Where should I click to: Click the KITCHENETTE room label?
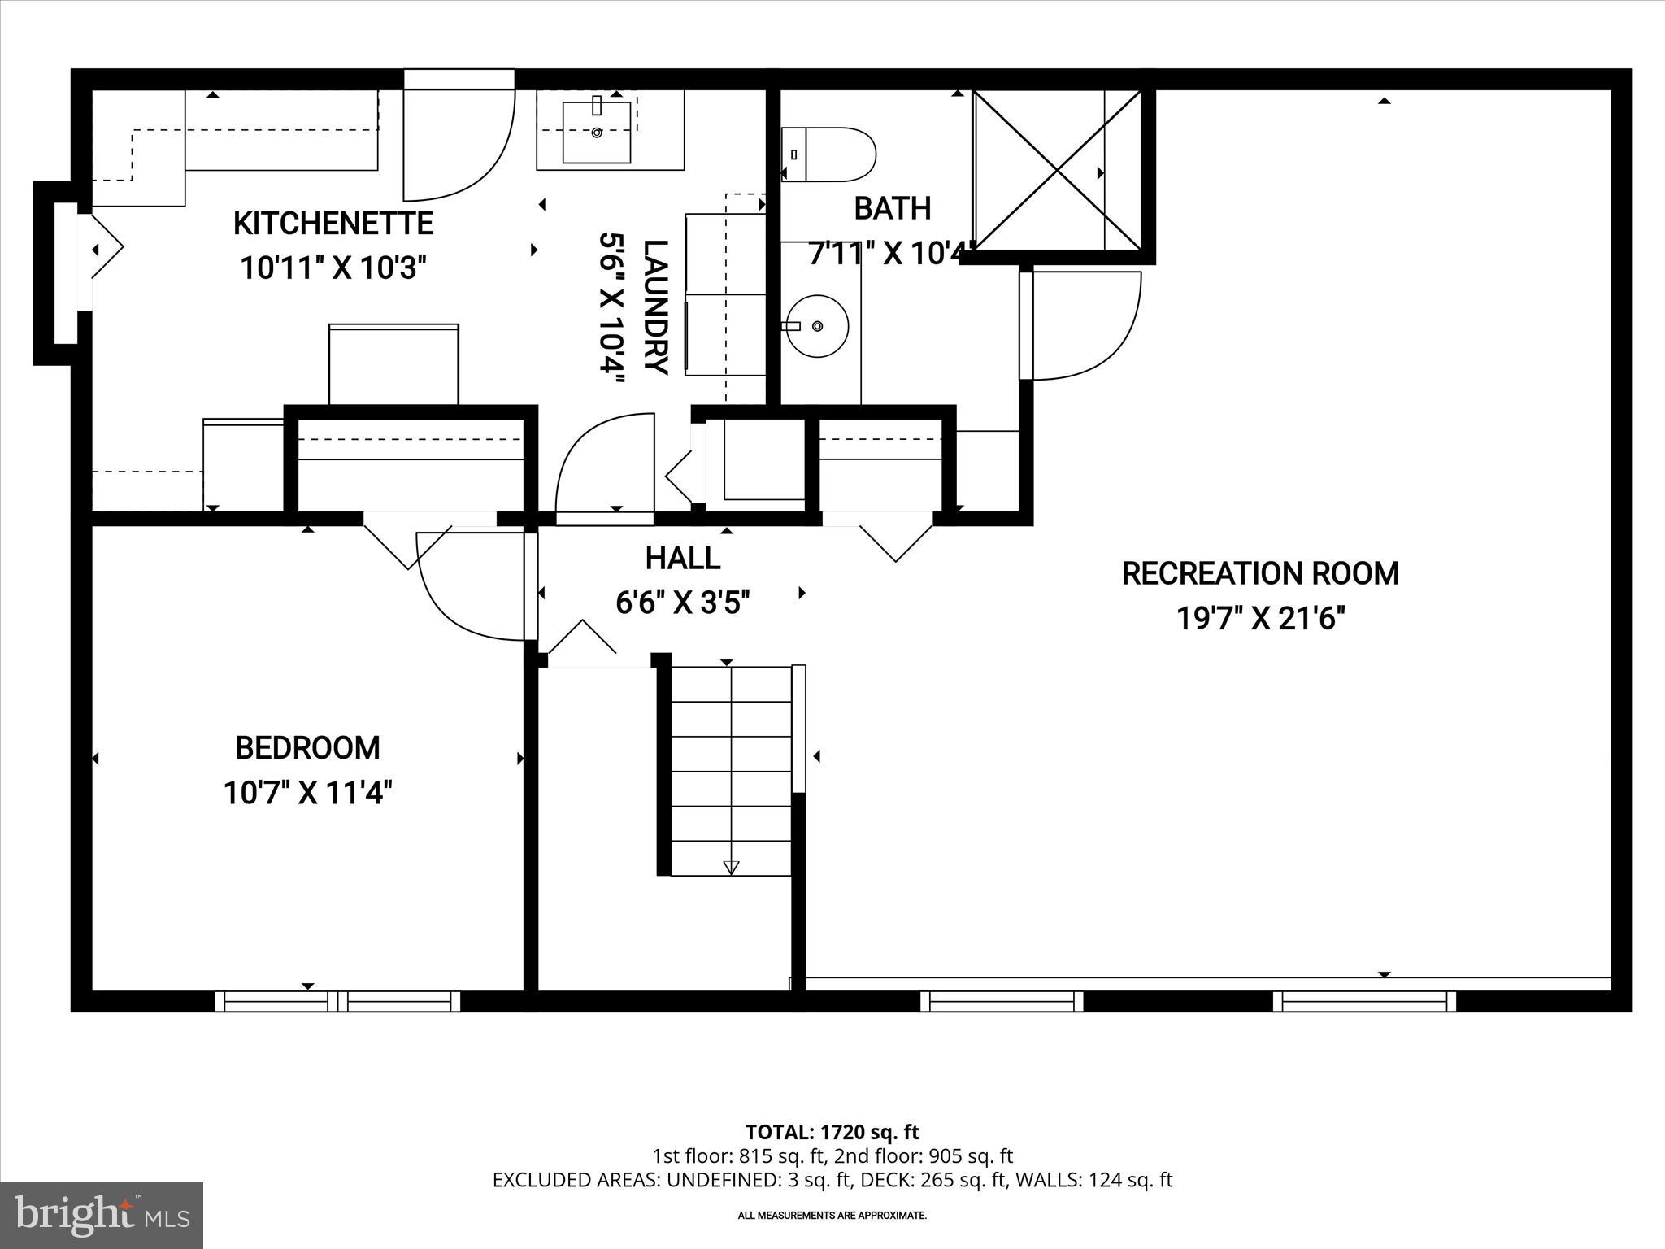click(x=333, y=224)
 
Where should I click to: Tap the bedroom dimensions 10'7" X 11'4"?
click(x=307, y=792)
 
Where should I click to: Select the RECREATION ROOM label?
click(x=1259, y=574)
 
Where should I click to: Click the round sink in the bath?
click(x=817, y=326)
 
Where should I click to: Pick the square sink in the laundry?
click(x=597, y=132)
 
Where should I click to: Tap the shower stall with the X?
click(x=1057, y=170)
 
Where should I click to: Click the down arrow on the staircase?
click(x=730, y=867)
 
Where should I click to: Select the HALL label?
click(x=682, y=559)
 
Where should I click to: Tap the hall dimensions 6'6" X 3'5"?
click(x=682, y=603)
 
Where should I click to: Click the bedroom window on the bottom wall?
click(x=337, y=1001)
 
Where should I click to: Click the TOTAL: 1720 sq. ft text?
click(x=832, y=1132)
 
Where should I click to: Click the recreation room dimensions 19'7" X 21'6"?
click(x=1259, y=620)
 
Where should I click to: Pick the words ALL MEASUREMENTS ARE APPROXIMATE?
click(x=832, y=1216)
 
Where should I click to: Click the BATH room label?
click(x=892, y=209)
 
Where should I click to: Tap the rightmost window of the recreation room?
click(x=1363, y=1001)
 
